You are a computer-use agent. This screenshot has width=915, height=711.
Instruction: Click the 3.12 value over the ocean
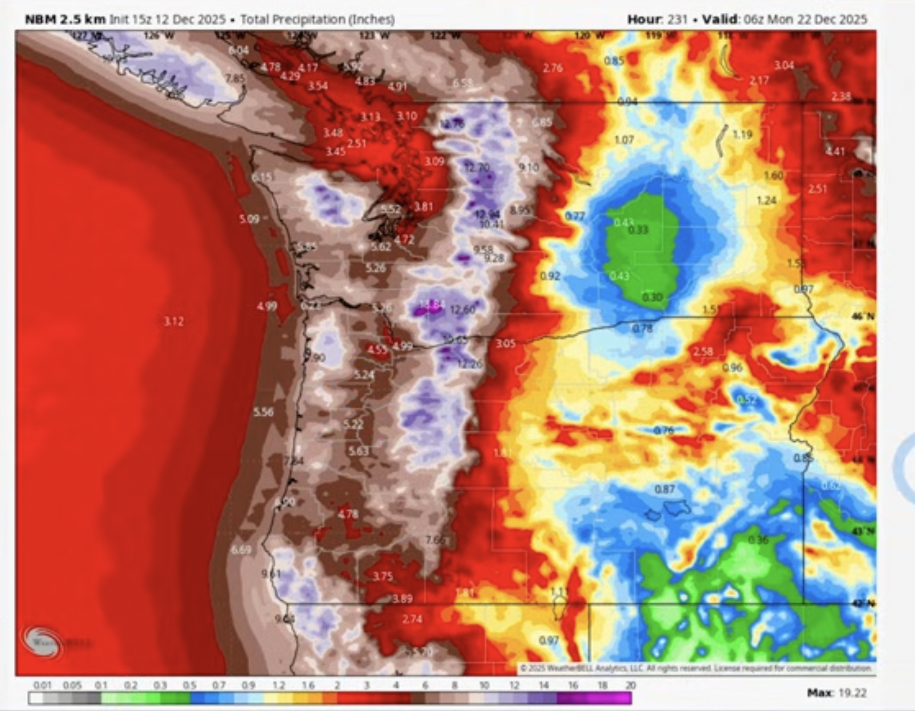click(x=173, y=322)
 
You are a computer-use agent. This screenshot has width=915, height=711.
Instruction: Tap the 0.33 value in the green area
click(x=638, y=230)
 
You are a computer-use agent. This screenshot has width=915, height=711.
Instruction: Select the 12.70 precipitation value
click(x=477, y=168)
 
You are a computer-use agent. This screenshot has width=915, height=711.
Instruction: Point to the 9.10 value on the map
click(x=528, y=168)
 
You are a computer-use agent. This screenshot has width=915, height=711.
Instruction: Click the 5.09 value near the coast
click(x=249, y=219)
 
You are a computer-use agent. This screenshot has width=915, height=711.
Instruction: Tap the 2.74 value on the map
click(x=412, y=619)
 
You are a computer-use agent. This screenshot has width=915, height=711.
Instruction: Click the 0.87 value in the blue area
click(x=664, y=489)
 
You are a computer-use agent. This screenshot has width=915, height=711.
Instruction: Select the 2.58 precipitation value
click(x=703, y=351)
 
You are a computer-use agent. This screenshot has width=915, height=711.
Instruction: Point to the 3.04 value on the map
click(x=783, y=65)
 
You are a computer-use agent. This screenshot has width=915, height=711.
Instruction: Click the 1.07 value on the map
click(x=624, y=140)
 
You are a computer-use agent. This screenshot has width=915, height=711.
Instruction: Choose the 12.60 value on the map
click(x=462, y=310)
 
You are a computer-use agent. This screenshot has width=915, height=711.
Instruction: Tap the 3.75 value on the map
click(x=383, y=577)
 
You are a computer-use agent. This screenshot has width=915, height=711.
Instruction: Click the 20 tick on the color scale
click(x=630, y=685)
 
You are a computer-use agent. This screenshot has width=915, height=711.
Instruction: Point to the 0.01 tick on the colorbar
click(x=42, y=685)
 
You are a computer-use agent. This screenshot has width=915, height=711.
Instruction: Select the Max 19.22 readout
click(x=837, y=693)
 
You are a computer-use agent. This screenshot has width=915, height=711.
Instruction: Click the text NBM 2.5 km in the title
click(x=65, y=19)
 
